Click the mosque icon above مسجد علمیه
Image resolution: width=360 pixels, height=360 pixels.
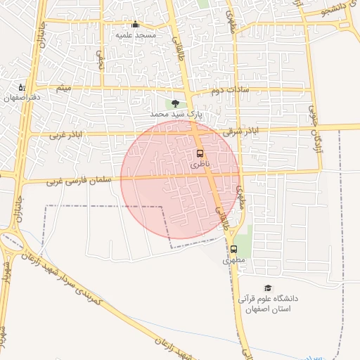click(136, 25)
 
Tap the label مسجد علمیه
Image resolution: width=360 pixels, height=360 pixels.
click(136, 34)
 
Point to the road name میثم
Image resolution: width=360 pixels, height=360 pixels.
click(63, 89)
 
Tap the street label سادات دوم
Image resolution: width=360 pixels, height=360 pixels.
click(226, 91)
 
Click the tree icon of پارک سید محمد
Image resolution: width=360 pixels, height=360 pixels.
click(175, 103)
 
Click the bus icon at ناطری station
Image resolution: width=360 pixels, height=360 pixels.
click(200, 153)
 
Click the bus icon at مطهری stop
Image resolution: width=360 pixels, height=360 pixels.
click(233, 249)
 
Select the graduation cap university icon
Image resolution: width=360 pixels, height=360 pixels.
click(267, 288)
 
